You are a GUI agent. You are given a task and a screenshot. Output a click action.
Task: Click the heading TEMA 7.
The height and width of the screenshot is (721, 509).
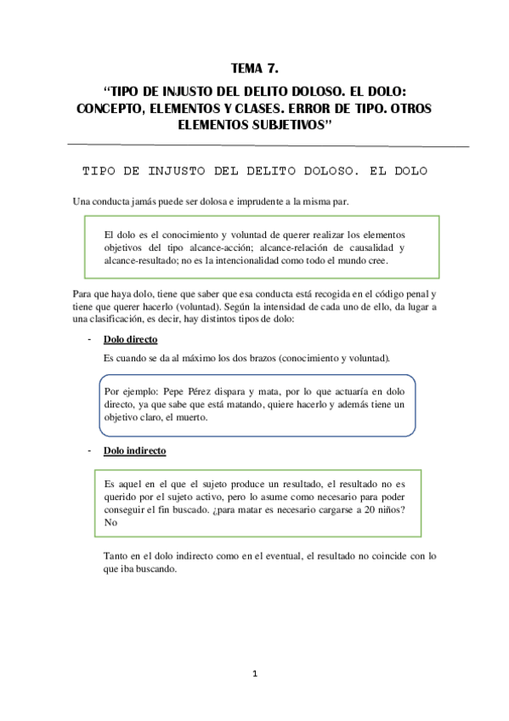click(254, 67)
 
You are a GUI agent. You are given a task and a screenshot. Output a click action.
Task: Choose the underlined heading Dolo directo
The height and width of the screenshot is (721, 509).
click(129, 339)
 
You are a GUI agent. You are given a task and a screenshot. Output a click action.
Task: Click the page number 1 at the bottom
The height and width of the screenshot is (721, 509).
click(254, 674)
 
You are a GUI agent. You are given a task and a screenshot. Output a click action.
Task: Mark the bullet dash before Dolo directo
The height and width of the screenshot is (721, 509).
click(89, 339)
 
